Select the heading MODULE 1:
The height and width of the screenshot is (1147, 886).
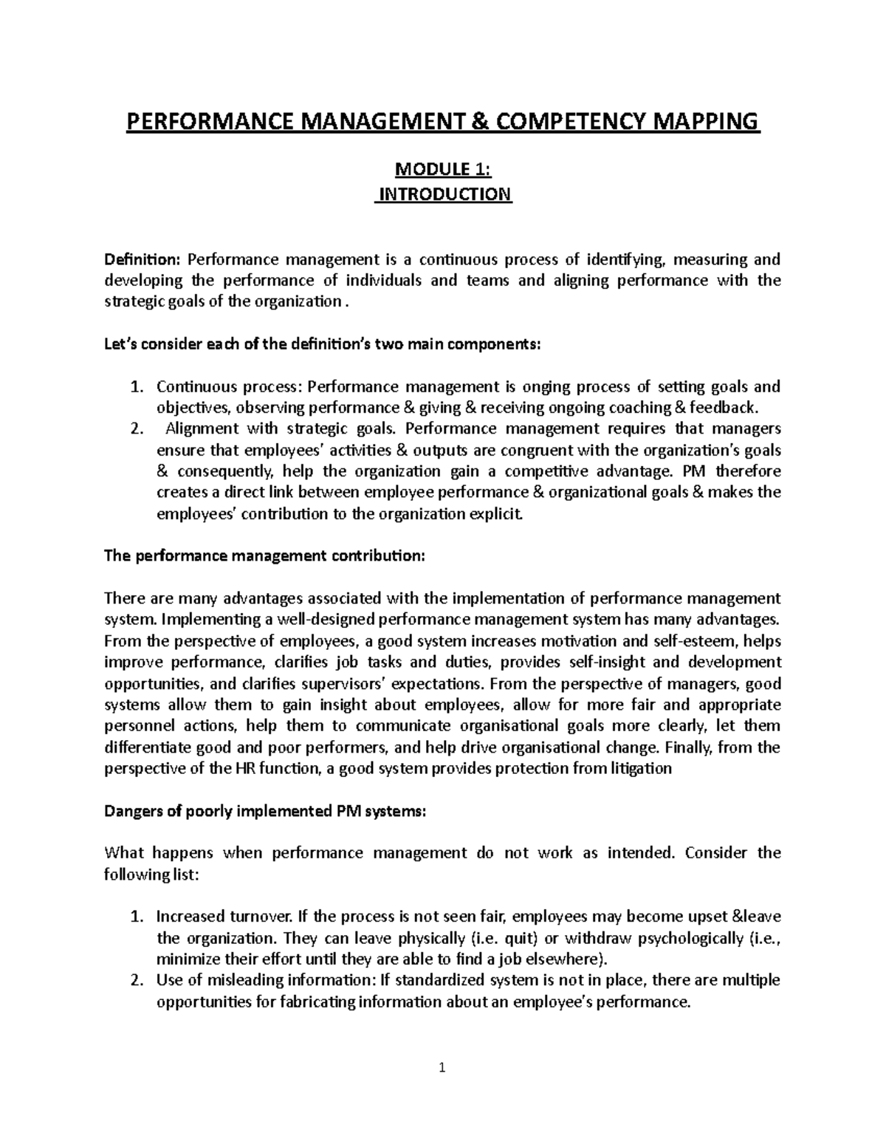[443, 171]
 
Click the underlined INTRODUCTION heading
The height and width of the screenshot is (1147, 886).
[444, 195]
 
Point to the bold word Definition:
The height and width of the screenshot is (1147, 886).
[142, 259]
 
